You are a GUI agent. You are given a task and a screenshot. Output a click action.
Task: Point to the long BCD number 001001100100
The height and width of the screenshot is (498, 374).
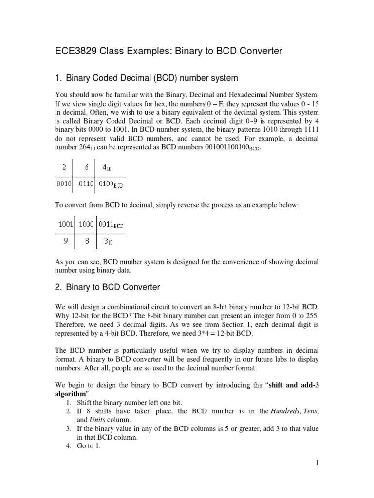(x=222, y=148)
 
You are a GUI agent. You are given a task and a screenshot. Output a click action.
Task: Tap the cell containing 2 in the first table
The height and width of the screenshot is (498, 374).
(x=64, y=167)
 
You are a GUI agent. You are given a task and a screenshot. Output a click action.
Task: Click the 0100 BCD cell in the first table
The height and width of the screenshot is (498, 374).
(x=111, y=185)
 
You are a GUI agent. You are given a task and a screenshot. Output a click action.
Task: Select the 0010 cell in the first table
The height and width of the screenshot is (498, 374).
(x=64, y=185)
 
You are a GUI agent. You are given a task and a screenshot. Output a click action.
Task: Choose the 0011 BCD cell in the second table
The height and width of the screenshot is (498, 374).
(x=111, y=225)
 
